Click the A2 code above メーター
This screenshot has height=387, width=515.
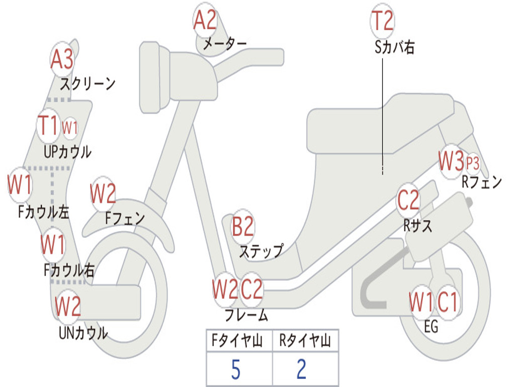(205, 21)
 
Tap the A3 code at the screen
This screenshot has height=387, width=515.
(62, 59)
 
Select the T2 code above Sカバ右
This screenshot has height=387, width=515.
(382, 21)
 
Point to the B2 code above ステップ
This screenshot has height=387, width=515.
(242, 227)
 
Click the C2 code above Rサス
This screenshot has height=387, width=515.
(408, 201)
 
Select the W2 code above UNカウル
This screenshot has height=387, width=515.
(68, 306)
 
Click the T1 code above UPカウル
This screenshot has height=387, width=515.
(49, 125)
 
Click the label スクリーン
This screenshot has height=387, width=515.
(88, 84)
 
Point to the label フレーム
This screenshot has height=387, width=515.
(246, 316)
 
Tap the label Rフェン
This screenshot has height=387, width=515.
(482, 182)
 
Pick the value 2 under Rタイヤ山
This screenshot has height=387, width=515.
(301, 370)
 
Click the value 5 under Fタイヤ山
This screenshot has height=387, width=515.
(235, 370)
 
